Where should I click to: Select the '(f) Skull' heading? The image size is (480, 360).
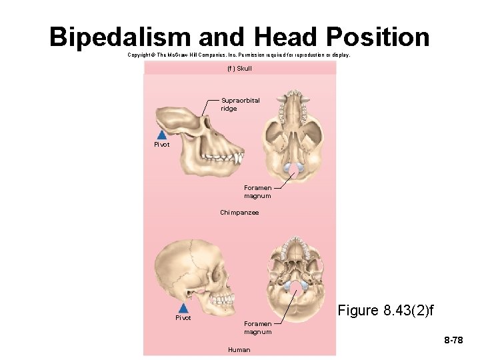click(x=240, y=69)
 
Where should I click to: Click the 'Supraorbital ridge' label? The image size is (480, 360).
click(x=240, y=104)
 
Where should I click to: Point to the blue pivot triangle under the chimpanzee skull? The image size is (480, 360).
click(x=161, y=134)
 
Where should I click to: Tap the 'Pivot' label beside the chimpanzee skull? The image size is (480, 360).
click(x=162, y=145)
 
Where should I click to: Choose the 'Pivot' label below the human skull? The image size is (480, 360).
click(x=183, y=318)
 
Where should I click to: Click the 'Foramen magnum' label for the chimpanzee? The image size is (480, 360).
click(x=257, y=192)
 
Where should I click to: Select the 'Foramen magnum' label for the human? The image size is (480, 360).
click(x=257, y=328)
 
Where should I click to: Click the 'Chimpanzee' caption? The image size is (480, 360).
click(x=239, y=213)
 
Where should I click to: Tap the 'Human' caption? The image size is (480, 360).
click(x=239, y=349)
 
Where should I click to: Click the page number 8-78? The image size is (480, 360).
click(x=453, y=341)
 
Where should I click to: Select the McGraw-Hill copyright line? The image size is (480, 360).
click(x=238, y=55)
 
